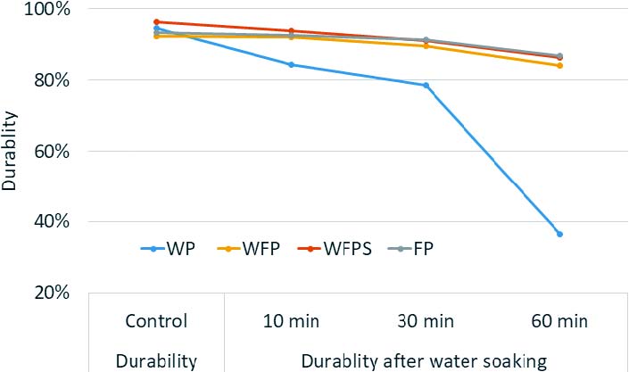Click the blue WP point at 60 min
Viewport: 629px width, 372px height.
pos(559,234)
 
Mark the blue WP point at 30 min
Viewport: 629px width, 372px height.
pos(426,86)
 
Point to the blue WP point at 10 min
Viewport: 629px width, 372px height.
pos(291,64)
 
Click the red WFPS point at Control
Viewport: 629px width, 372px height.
pos(156,21)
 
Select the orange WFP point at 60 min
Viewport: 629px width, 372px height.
pos(559,65)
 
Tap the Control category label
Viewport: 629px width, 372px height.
pos(156,321)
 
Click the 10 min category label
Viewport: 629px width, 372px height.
pos(291,321)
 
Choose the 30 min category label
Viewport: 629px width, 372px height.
pos(426,321)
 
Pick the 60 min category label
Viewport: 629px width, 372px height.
pos(559,321)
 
